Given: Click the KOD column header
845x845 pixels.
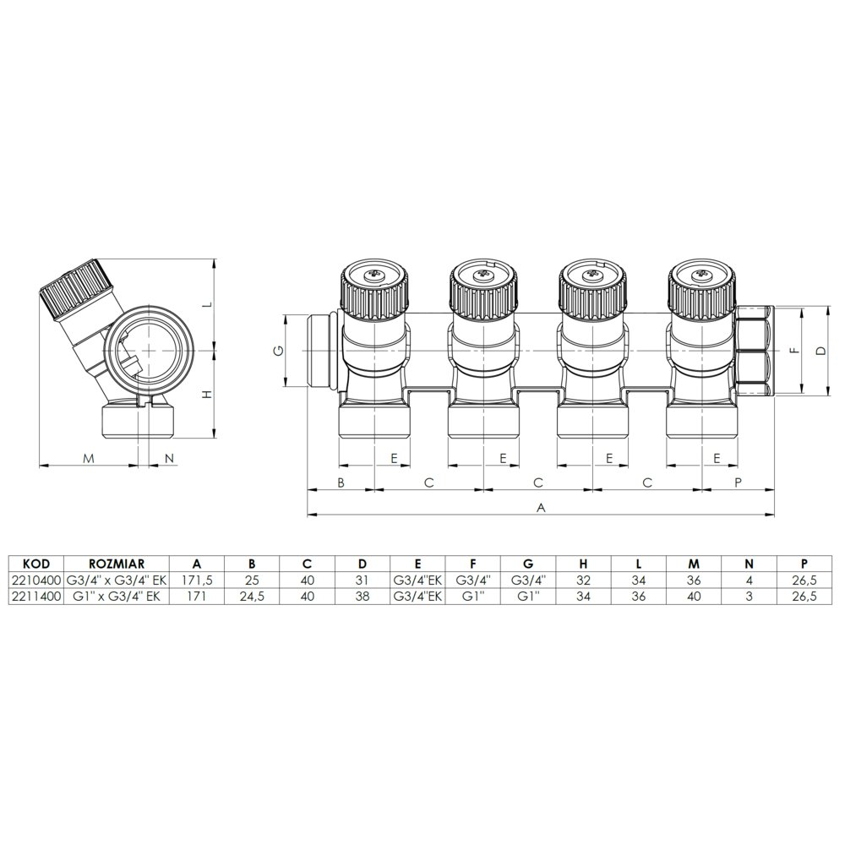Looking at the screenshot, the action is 36,564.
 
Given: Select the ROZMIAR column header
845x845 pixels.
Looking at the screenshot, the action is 117,564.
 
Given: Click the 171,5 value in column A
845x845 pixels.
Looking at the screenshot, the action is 197,581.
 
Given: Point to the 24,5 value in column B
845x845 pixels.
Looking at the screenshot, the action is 252,597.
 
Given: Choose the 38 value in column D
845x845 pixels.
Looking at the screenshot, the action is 363,597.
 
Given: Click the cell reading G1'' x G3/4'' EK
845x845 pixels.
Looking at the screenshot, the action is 117,597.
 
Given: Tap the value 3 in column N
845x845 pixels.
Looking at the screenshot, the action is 749,597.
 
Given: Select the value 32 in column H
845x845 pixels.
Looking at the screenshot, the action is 584,581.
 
